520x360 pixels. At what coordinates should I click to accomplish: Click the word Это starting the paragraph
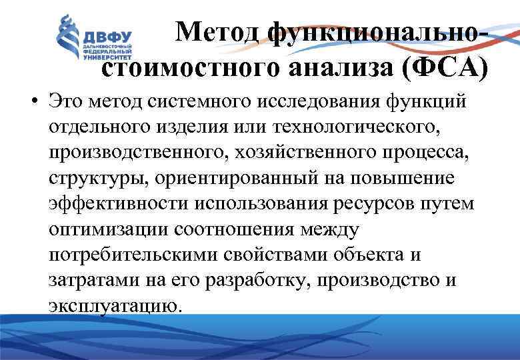65,103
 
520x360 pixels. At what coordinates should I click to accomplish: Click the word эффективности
113,203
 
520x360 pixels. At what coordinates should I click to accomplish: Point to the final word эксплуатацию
114,305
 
